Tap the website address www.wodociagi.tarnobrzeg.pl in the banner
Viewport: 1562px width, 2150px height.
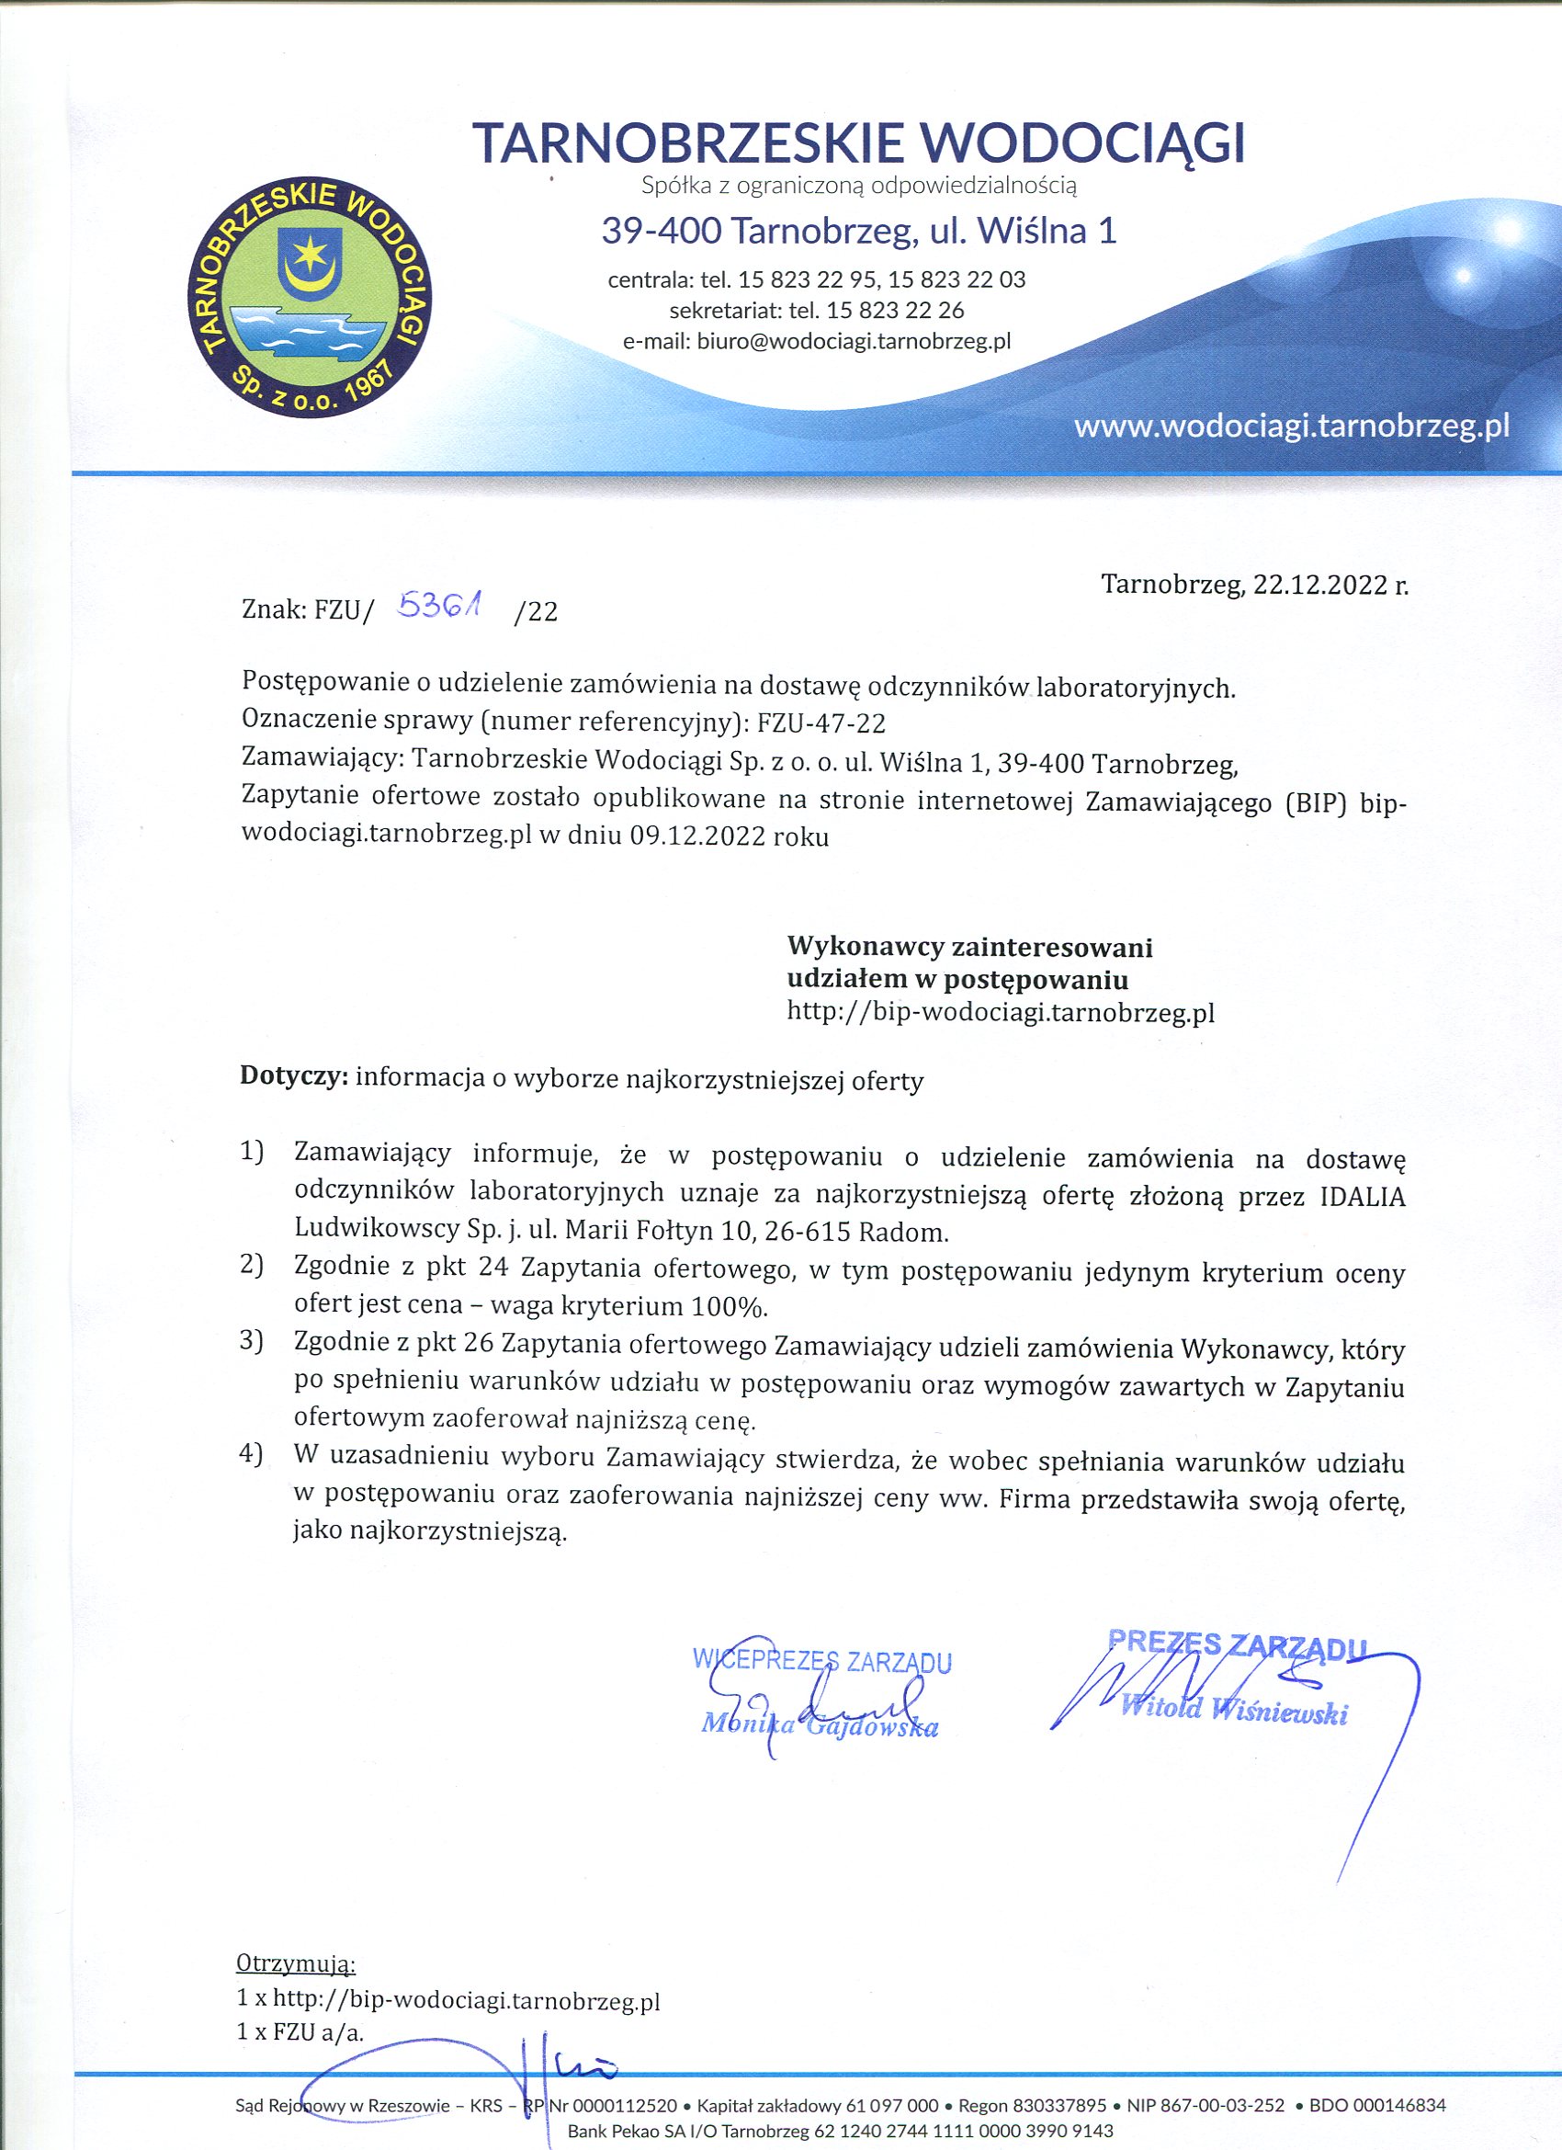tap(1291, 427)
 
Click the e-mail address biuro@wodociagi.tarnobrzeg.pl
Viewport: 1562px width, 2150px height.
tap(854, 341)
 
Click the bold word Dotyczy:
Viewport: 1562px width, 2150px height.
tap(295, 1077)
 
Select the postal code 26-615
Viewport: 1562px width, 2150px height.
tap(813, 1233)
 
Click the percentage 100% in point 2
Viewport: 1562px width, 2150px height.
tap(729, 1306)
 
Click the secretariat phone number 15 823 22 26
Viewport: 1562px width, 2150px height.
tap(895, 310)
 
